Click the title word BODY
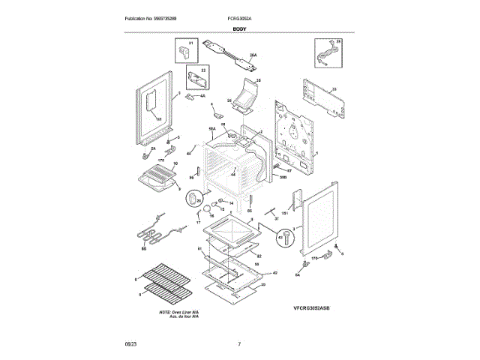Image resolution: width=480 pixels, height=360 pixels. coord(239,28)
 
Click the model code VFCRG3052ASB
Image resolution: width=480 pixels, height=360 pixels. coord(311,308)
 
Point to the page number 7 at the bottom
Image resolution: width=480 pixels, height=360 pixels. coord(239,343)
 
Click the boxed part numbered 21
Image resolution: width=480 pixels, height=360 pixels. coord(186,52)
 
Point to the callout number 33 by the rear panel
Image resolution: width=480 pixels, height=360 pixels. coord(334,90)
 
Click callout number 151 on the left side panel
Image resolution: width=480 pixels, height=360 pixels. coord(158,120)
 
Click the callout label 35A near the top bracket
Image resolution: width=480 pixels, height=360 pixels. coord(253,55)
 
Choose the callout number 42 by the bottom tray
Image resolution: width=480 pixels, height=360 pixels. coord(274,272)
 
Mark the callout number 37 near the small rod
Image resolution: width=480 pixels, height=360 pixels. coord(275,218)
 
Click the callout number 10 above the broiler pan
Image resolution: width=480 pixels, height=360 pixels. coord(175,163)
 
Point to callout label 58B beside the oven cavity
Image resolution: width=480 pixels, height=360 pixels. coord(283,176)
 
